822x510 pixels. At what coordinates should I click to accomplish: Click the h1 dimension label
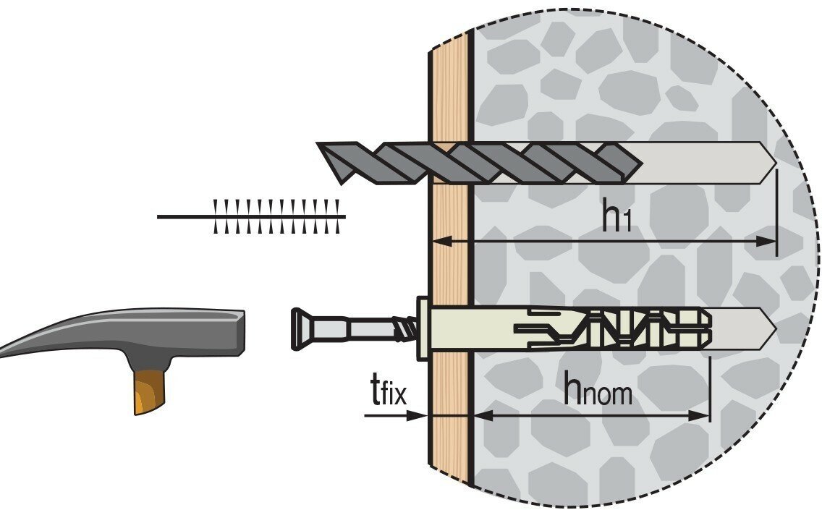pyautogui.click(x=616, y=217)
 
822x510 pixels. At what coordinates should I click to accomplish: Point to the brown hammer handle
pyautogui.click(x=148, y=391)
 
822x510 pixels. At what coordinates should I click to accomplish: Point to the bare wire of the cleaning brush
pyautogui.click(x=185, y=216)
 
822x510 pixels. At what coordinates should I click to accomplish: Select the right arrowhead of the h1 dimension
pyautogui.click(x=766, y=241)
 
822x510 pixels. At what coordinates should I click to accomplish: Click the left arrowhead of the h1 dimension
pyautogui.click(x=442, y=241)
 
